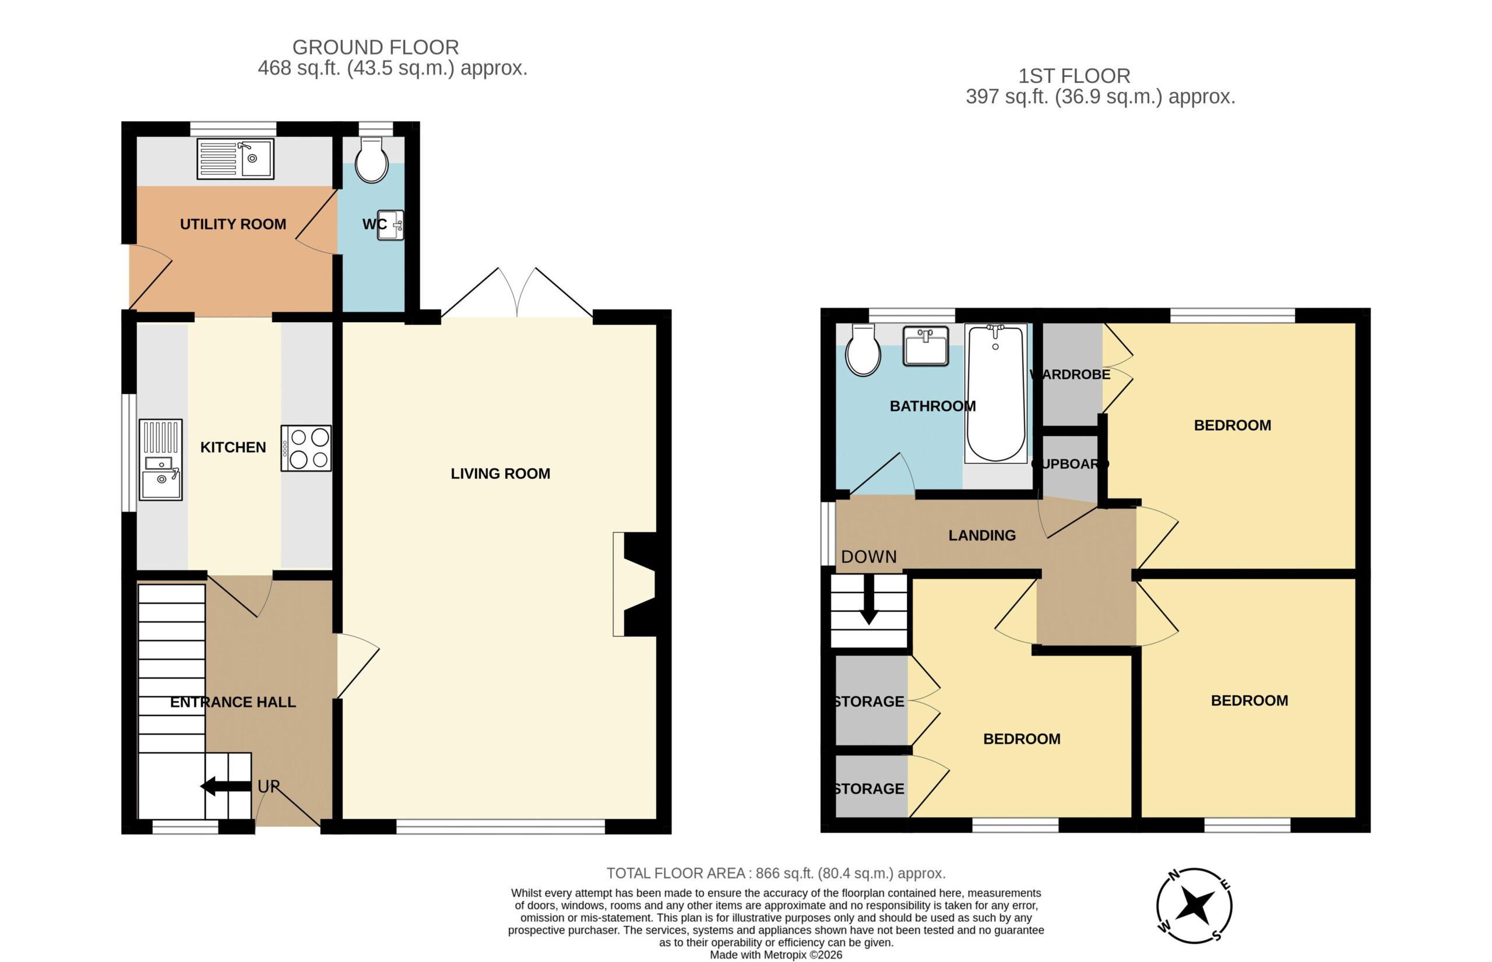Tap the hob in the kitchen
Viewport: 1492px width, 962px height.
tap(306, 448)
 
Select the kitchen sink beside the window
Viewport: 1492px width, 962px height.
tap(161, 460)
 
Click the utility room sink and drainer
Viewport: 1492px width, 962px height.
tap(235, 158)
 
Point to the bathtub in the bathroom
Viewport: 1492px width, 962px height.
tap(995, 393)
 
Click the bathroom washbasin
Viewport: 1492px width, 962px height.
tap(926, 346)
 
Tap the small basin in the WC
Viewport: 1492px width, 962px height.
tap(390, 225)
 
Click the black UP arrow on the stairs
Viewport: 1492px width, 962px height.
tap(226, 787)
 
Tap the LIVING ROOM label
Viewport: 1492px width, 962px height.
tap(501, 474)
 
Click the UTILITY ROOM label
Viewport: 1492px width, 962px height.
tap(233, 224)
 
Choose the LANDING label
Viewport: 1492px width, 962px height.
tap(982, 535)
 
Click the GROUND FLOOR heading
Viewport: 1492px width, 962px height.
tap(375, 47)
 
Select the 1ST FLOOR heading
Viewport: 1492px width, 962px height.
tap(1075, 76)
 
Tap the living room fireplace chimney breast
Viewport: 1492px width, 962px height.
tap(639, 584)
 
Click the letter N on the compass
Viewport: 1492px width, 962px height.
tap(1174, 875)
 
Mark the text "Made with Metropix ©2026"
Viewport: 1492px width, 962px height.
tap(776, 955)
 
